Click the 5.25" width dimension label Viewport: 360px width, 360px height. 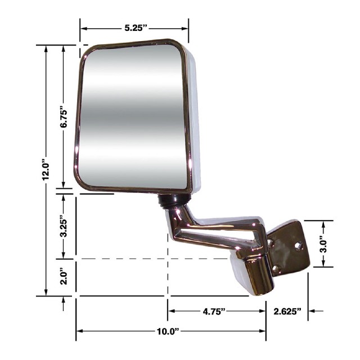point(136,28)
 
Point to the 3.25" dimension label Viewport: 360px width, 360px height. point(64,226)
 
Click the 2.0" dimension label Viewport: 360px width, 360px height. point(64,278)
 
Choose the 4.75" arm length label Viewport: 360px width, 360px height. point(214,311)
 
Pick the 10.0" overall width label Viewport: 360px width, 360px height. point(168,331)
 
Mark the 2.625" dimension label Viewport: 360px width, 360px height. point(287,311)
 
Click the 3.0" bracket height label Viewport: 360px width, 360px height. point(323,244)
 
